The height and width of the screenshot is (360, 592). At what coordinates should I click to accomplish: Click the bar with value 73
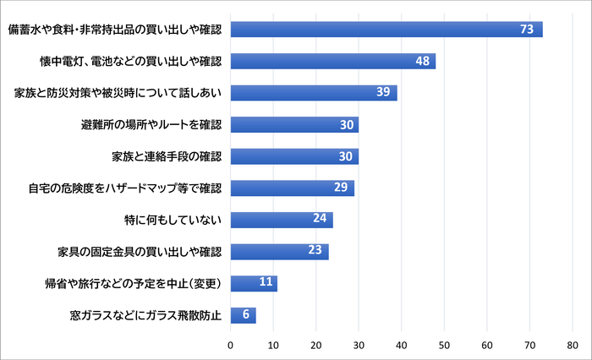(x=386, y=30)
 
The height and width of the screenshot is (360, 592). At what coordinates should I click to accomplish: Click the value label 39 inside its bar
(x=382, y=93)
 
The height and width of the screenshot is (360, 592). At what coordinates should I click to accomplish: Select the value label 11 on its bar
(x=266, y=283)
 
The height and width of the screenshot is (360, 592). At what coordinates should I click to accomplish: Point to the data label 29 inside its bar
(x=342, y=188)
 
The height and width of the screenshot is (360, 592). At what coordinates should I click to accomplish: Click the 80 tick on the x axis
(x=573, y=345)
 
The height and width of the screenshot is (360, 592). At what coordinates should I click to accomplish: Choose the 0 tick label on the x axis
(x=230, y=345)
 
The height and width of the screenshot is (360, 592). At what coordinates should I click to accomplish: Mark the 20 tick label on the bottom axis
(x=315, y=345)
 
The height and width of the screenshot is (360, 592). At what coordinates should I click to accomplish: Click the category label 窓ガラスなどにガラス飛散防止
(x=145, y=315)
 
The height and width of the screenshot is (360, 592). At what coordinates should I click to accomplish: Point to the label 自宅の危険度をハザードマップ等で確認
(x=124, y=188)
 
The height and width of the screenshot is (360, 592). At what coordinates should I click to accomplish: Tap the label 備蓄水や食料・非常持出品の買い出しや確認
(x=113, y=30)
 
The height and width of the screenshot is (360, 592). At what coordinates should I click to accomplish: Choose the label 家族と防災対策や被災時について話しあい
(x=118, y=93)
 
